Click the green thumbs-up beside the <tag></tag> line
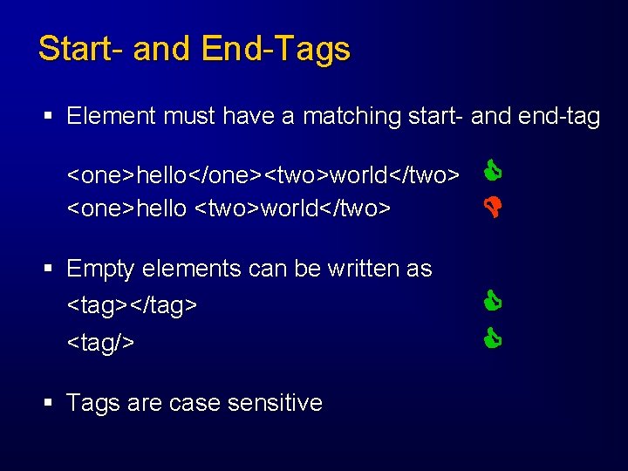point(493,303)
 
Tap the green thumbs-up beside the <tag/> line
point(493,337)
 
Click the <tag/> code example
point(101,343)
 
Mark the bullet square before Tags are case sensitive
point(51,403)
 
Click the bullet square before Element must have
point(51,116)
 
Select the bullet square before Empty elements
point(51,269)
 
